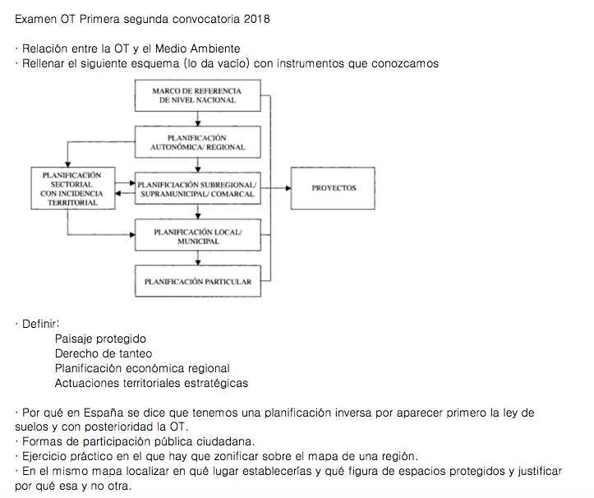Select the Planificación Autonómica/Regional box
click(197, 141)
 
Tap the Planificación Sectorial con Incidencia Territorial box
click(70, 188)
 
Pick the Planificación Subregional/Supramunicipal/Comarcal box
click(197, 189)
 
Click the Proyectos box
click(334, 188)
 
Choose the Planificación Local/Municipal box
click(197, 237)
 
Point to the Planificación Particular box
click(197, 282)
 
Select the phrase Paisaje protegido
click(100, 339)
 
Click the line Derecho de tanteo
click(103, 353)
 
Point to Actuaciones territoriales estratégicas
click(151, 383)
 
